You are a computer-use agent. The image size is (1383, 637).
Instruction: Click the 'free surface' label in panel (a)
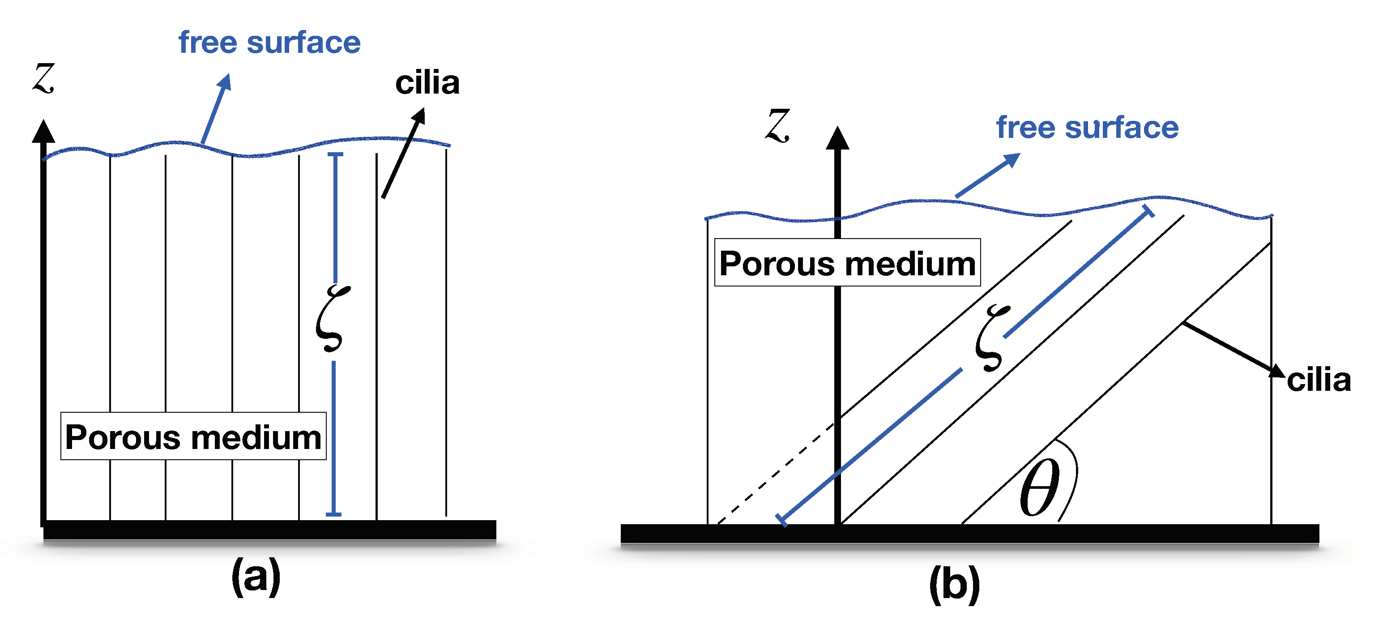pyautogui.click(x=269, y=43)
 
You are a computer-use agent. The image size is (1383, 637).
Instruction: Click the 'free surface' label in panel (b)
pyautogui.click(x=1087, y=128)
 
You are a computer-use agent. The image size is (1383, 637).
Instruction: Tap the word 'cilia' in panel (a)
pyautogui.click(x=427, y=83)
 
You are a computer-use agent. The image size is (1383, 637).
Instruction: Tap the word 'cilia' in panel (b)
pyautogui.click(x=1319, y=380)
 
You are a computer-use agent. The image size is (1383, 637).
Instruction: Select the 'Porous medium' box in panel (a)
pyautogui.click(x=193, y=436)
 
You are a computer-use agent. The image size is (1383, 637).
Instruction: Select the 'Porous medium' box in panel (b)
pyautogui.click(x=847, y=263)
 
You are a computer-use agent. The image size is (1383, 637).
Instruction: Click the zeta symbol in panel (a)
pyautogui.click(x=332, y=319)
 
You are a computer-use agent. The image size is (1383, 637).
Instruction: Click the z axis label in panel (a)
pyautogui.click(x=44, y=78)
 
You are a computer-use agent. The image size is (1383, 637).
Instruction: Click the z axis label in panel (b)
pyautogui.click(x=777, y=125)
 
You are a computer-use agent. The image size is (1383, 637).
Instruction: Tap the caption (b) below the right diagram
pyautogui.click(x=954, y=584)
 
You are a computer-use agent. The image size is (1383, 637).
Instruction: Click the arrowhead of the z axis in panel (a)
pyautogui.click(x=43, y=132)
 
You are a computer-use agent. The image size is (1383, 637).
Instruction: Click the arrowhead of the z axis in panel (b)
pyautogui.click(x=837, y=139)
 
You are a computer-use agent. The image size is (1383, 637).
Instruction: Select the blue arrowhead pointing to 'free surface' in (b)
pyautogui.click(x=1012, y=159)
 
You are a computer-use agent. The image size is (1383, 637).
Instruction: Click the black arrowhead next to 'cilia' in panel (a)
pyautogui.click(x=419, y=116)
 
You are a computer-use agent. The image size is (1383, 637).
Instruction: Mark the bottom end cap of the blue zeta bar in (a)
pyautogui.click(x=333, y=514)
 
